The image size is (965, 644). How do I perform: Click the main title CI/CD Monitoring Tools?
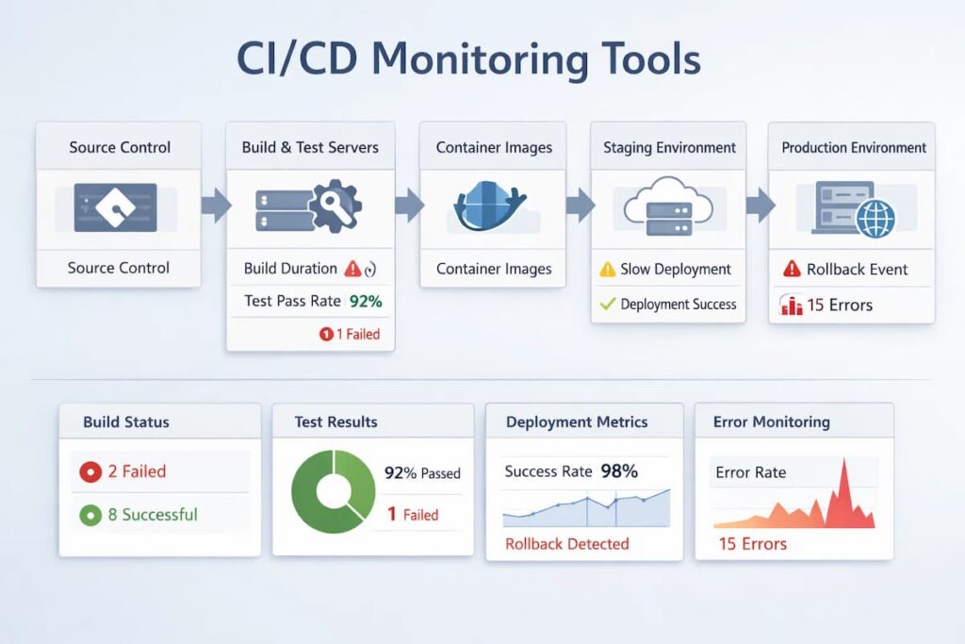468,58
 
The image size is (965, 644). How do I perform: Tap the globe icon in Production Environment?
875,218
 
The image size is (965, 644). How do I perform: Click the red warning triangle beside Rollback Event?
793,270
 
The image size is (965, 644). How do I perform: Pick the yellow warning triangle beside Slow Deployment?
608,270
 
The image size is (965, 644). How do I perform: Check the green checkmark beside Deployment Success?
607,304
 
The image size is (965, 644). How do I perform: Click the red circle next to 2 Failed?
90,471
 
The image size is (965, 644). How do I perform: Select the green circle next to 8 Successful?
90,515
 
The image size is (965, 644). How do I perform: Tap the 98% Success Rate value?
619,471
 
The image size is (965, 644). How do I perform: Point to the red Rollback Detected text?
566,543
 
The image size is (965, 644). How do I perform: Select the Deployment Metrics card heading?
577,421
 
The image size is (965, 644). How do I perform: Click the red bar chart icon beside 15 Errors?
792,305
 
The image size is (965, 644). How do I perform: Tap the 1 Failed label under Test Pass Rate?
351,334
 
